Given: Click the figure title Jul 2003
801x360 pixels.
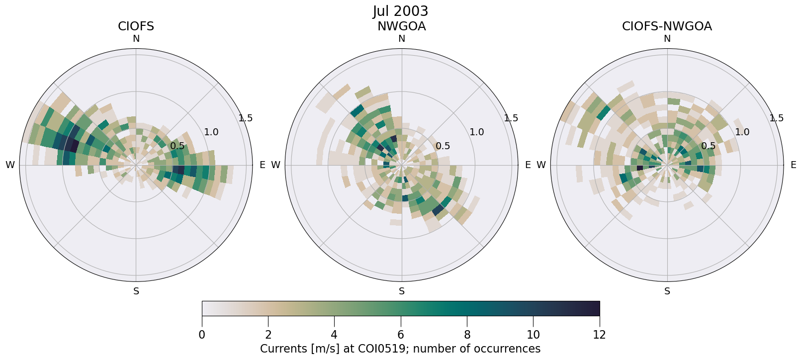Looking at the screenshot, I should click(400, 11).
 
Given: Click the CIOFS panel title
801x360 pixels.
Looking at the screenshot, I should click(136, 26).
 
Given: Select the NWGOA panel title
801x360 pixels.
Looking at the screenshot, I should click(401, 26).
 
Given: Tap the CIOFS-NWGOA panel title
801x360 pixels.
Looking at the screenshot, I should click(667, 26).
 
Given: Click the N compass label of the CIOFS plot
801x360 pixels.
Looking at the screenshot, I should click(136, 39).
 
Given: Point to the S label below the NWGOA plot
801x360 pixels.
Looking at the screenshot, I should click(402, 291).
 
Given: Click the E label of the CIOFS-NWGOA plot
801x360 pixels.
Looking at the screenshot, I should click(793, 165).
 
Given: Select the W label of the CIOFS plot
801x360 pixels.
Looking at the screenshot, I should click(10, 165).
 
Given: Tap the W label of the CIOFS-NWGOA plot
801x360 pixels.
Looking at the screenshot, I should click(541, 165).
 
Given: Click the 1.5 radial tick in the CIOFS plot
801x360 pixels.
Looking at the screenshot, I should click(245, 118).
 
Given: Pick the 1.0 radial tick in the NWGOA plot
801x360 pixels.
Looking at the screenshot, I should click(477, 132).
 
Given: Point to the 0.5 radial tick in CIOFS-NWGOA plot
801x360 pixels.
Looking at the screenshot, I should click(709, 146).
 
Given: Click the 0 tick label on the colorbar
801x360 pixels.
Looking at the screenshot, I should click(202, 335).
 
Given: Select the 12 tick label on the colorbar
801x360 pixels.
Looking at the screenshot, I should click(599, 335).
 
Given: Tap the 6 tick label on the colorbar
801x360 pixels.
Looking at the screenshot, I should click(401, 335).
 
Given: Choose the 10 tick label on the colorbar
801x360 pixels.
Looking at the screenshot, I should click(533, 335).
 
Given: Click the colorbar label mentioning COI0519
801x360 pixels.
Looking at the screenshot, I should click(400, 349).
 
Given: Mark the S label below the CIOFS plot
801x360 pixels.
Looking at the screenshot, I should click(136, 291).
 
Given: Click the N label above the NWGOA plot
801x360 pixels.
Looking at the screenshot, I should click(402, 39).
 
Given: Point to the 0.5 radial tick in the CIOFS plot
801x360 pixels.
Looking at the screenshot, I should click(178, 146).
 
